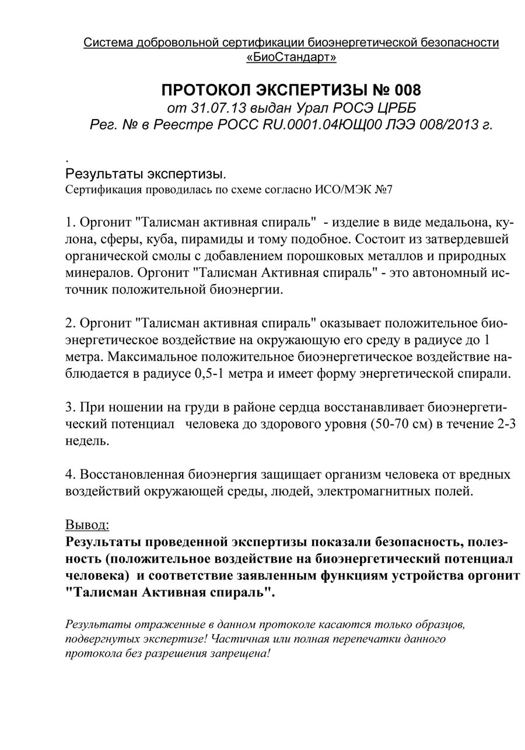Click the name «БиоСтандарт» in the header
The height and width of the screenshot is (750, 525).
(x=291, y=58)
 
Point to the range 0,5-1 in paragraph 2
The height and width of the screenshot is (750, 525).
(x=208, y=373)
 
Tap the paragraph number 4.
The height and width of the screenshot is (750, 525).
(x=69, y=474)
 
